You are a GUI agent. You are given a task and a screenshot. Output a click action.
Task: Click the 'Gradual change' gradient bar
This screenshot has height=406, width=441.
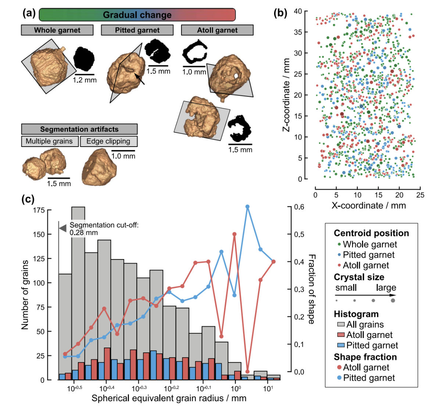(137, 15)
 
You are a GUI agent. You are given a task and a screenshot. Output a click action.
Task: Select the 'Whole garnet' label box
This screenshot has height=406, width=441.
(57, 30)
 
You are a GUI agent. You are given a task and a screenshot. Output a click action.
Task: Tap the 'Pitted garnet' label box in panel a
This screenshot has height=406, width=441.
(137, 30)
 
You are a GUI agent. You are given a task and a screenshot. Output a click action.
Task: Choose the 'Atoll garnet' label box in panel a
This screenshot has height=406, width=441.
(217, 30)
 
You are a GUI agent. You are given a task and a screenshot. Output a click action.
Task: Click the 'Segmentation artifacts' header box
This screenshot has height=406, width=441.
(79, 129)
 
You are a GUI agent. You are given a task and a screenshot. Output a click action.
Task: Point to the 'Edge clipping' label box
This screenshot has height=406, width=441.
(108, 141)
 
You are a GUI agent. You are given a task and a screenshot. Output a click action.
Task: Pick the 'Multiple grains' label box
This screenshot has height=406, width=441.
(50, 141)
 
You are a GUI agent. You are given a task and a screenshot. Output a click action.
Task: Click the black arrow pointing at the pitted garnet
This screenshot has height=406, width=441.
(140, 79)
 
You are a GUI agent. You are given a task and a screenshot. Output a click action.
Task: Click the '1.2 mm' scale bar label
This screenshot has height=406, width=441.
(85, 80)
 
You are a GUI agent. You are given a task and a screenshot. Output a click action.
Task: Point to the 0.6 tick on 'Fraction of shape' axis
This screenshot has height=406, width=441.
(299, 207)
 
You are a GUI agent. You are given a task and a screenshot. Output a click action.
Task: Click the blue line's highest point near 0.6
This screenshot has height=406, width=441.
(247, 207)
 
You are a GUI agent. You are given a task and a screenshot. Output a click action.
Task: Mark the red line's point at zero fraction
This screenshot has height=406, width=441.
(247, 371)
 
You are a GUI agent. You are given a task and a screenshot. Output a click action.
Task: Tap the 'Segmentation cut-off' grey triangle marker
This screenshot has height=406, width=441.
(63, 228)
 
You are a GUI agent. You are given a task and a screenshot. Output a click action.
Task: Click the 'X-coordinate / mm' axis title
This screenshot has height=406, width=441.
(368, 205)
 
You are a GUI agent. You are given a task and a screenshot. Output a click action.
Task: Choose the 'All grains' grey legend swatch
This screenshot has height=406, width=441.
(341, 324)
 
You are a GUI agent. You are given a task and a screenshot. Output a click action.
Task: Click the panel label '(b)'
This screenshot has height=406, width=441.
(281, 13)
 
